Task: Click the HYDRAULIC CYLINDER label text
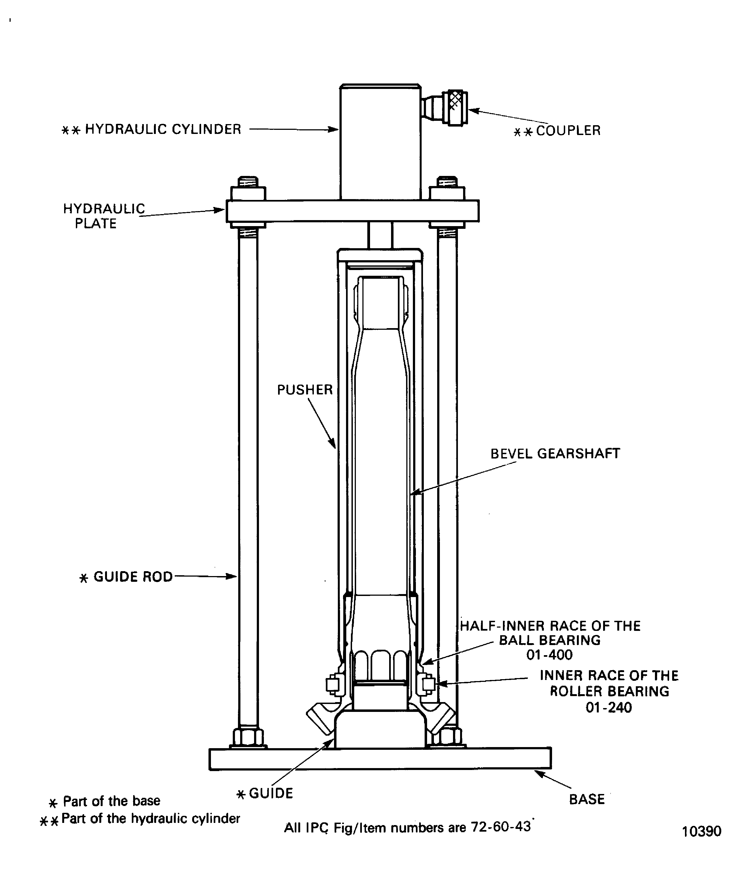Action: pyautogui.click(x=163, y=129)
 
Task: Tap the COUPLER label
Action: pyautogui.click(x=568, y=131)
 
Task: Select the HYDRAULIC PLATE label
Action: pyautogui.click(x=104, y=216)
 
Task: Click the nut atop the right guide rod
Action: pyautogui.click(x=447, y=193)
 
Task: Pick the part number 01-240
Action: pyautogui.click(x=609, y=707)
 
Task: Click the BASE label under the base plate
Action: pyautogui.click(x=586, y=799)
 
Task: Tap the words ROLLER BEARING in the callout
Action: pyautogui.click(x=609, y=691)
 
